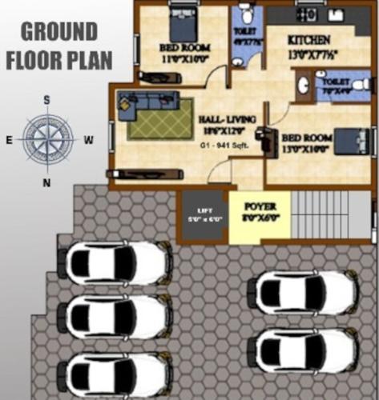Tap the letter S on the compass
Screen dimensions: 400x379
pyautogui.click(x=47, y=99)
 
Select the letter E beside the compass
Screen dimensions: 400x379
pyautogui.click(x=9, y=140)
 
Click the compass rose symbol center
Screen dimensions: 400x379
pyautogui.click(x=47, y=139)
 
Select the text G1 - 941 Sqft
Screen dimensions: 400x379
pyautogui.click(x=225, y=146)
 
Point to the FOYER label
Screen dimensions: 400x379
pyautogui.click(x=259, y=206)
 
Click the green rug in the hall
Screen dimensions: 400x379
pyautogui.click(x=160, y=121)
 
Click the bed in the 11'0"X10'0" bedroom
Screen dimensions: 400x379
pyautogui.click(x=183, y=23)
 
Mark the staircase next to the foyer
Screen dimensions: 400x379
pyautogui.click(x=331, y=215)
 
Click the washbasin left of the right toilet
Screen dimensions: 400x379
pyautogui.click(x=304, y=85)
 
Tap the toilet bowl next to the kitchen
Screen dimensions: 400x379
pyautogui.click(x=246, y=15)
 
